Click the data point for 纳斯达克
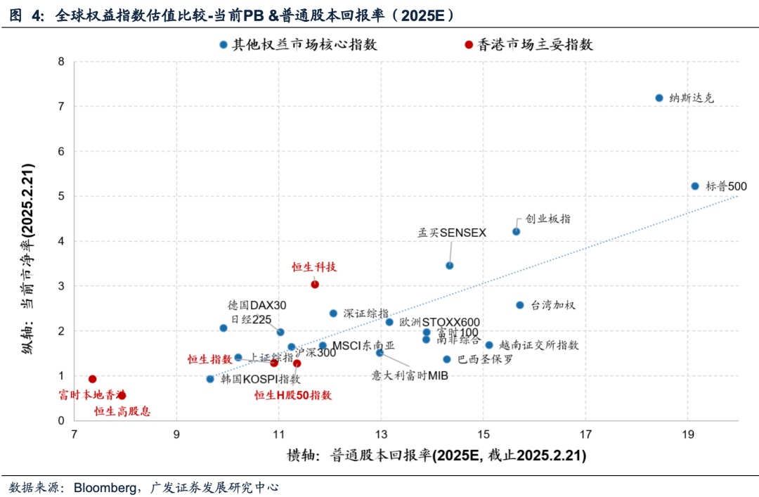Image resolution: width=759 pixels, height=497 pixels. (x=659, y=98)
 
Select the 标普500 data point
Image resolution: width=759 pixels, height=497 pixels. (x=695, y=186)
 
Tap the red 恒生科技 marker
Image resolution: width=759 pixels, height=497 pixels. (x=315, y=284)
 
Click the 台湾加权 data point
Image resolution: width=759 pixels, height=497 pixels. (x=520, y=305)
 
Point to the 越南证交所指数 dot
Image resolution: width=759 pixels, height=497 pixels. (x=489, y=345)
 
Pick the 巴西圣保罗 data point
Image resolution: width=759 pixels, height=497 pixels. (x=447, y=359)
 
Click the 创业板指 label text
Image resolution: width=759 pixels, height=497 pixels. (x=547, y=219)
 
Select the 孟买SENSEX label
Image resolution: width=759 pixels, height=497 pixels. (x=452, y=233)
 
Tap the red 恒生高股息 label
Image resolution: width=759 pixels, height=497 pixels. (x=122, y=411)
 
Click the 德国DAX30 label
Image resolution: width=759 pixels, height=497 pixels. (x=257, y=305)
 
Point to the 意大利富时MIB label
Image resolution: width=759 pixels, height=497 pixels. (x=410, y=375)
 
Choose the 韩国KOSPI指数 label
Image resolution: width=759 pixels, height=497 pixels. (x=260, y=379)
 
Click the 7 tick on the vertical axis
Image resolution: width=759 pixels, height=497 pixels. (x=61, y=106)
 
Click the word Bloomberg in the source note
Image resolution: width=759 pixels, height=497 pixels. (x=105, y=486)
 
